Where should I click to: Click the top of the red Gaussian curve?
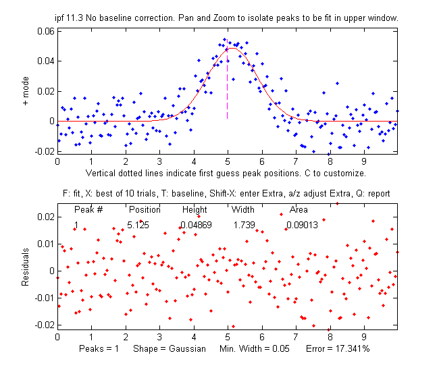pyautogui.click(x=232, y=48)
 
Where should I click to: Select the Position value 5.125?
pyautogui.click(x=142, y=225)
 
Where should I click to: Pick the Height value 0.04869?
pyautogui.click(x=195, y=225)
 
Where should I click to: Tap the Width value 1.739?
pyautogui.click(x=244, y=225)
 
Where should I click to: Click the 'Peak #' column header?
pyautogui.click(x=88, y=209)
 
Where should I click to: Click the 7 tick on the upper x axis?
pyautogui.click(x=296, y=161)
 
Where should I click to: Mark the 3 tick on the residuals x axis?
pyautogui.click(x=159, y=336)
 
